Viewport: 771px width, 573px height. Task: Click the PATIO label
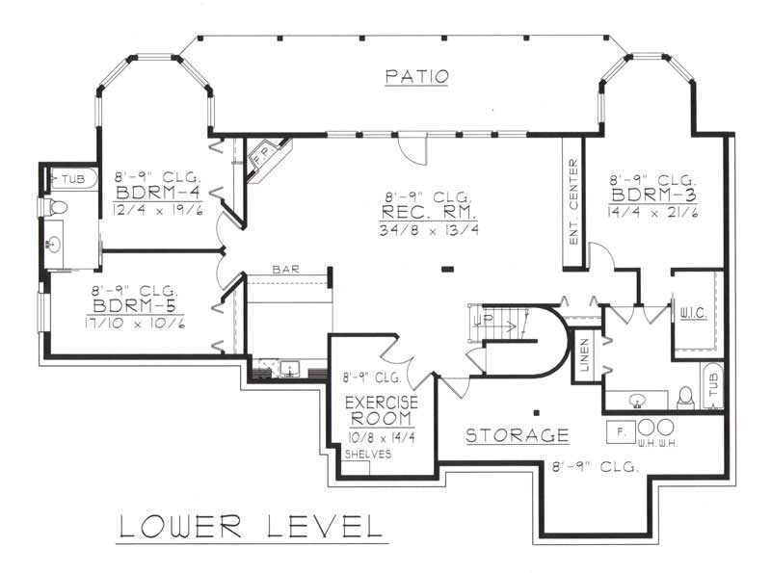[x=416, y=77]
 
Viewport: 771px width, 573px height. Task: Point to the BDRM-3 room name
[x=651, y=197]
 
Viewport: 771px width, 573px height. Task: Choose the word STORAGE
[x=517, y=436]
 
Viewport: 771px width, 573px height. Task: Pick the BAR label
[x=285, y=271]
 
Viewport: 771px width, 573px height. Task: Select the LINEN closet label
[x=584, y=356]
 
